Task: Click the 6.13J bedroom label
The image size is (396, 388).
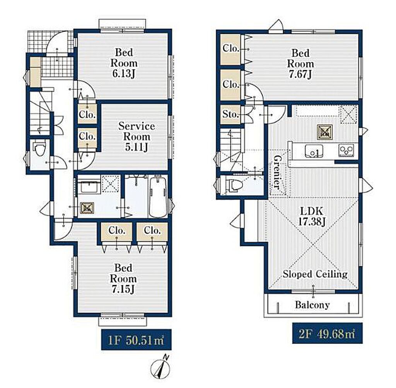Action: pyautogui.click(x=124, y=63)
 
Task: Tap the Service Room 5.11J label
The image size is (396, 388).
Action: pyautogui.click(x=137, y=137)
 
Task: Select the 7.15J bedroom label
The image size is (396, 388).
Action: pyautogui.click(x=123, y=279)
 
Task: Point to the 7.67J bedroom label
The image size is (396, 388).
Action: pyautogui.click(x=300, y=64)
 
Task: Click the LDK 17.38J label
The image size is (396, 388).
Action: pyautogui.click(x=312, y=216)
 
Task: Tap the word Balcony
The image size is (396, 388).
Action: pyautogui.click(x=312, y=305)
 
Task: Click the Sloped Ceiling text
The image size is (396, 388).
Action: pyautogui.click(x=315, y=274)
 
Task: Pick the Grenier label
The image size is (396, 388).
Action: pyautogui.click(x=277, y=172)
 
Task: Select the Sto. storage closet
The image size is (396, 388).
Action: pyautogui.click(x=230, y=115)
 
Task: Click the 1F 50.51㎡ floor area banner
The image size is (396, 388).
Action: pyautogui.click(x=136, y=340)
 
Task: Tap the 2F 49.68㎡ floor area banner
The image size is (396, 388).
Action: pyautogui.click(x=327, y=333)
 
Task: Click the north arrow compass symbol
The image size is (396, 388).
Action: pyautogui.click(x=160, y=368)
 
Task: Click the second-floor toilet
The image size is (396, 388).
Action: pyautogui.click(x=234, y=185)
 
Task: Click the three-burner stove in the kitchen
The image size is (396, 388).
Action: pyautogui.click(x=346, y=150)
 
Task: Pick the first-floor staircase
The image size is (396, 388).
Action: pyautogui.click(x=40, y=113)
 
